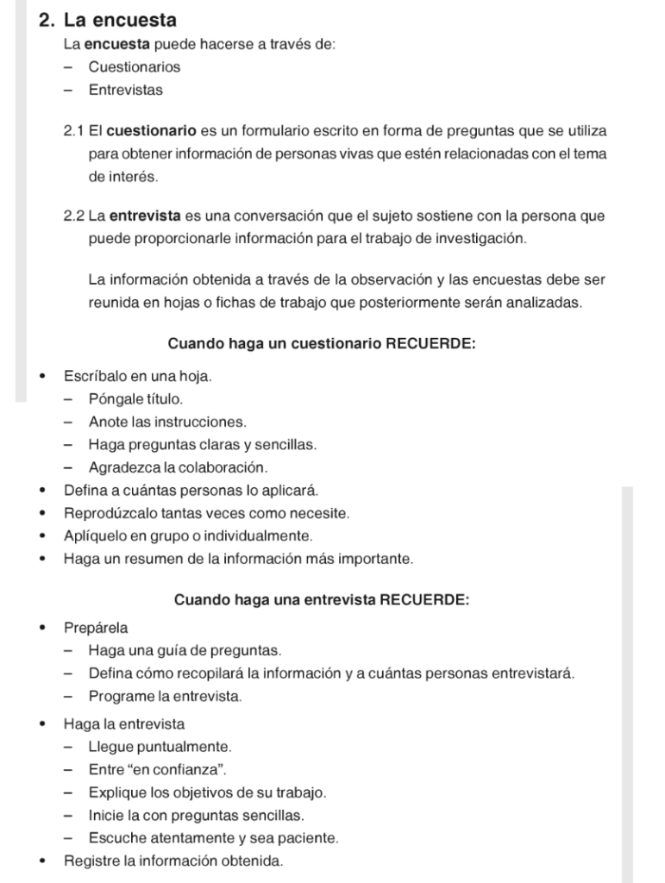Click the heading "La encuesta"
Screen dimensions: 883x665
pyautogui.click(x=120, y=21)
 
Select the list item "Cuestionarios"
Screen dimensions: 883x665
pyautogui.click(x=135, y=67)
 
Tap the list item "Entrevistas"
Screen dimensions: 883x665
pyautogui.click(x=125, y=90)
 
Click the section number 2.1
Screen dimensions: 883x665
pyautogui.click(x=73, y=131)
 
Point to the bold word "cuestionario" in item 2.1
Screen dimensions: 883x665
pyautogui.click(x=152, y=131)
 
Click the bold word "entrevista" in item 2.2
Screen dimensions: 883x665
pyautogui.click(x=145, y=216)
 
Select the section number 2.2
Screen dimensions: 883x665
pyautogui.click(x=73, y=216)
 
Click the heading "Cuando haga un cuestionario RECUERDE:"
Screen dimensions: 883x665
pyautogui.click(x=322, y=344)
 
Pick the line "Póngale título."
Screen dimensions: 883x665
pyautogui.click(x=135, y=400)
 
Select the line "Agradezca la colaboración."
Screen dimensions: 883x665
pyautogui.click(x=178, y=467)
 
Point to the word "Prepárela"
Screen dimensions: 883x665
pyautogui.click(x=96, y=628)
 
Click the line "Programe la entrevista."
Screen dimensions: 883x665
pyautogui.click(x=165, y=696)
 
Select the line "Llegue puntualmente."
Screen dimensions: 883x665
pyautogui.click(x=160, y=747)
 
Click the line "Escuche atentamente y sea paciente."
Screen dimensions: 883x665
pyautogui.click(x=213, y=837)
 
